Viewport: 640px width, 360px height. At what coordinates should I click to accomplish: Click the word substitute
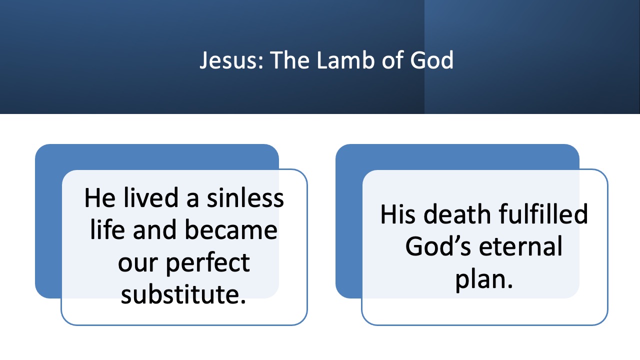point(183,295)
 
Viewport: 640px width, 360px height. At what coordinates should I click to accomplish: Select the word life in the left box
point(106,230)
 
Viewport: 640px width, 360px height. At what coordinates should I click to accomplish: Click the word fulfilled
point(543,214)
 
